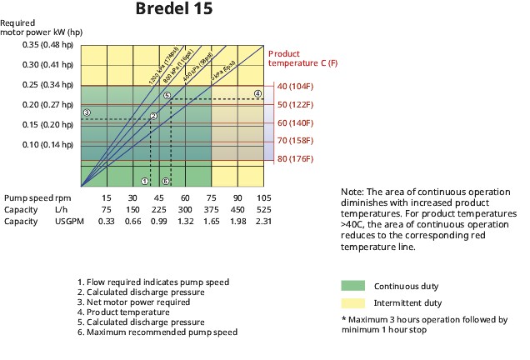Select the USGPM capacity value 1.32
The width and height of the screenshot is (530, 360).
tap(186, 222)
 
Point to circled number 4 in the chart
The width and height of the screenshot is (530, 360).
tap(258, 93)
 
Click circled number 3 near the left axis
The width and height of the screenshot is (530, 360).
tap(86, 112)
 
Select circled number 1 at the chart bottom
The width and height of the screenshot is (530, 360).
tap(145, 181)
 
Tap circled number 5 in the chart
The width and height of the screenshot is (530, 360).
tap(167, 96)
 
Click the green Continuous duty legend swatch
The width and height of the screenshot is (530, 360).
tap(353, 285)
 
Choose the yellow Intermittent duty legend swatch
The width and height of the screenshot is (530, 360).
tap(353, 302)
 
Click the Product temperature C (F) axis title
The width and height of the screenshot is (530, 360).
tap(302, 57)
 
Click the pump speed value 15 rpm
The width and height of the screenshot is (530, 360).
tap(107, 197)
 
